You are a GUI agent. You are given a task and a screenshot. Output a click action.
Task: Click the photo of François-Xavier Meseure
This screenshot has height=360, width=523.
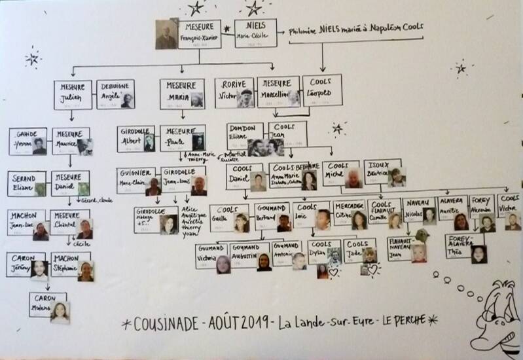[x=166, y=34]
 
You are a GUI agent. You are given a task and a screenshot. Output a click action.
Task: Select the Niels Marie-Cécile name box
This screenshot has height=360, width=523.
[x=255, y=33]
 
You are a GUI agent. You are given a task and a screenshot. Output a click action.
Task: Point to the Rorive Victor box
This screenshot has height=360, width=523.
[x=234, y=92]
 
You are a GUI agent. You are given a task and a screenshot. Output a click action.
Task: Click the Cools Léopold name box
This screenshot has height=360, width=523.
[x=321, y=90]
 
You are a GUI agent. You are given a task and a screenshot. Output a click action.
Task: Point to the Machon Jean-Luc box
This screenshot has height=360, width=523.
[x=27, y=223]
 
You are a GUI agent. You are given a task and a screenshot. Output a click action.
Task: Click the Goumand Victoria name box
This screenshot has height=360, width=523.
[x=211, y=257]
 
